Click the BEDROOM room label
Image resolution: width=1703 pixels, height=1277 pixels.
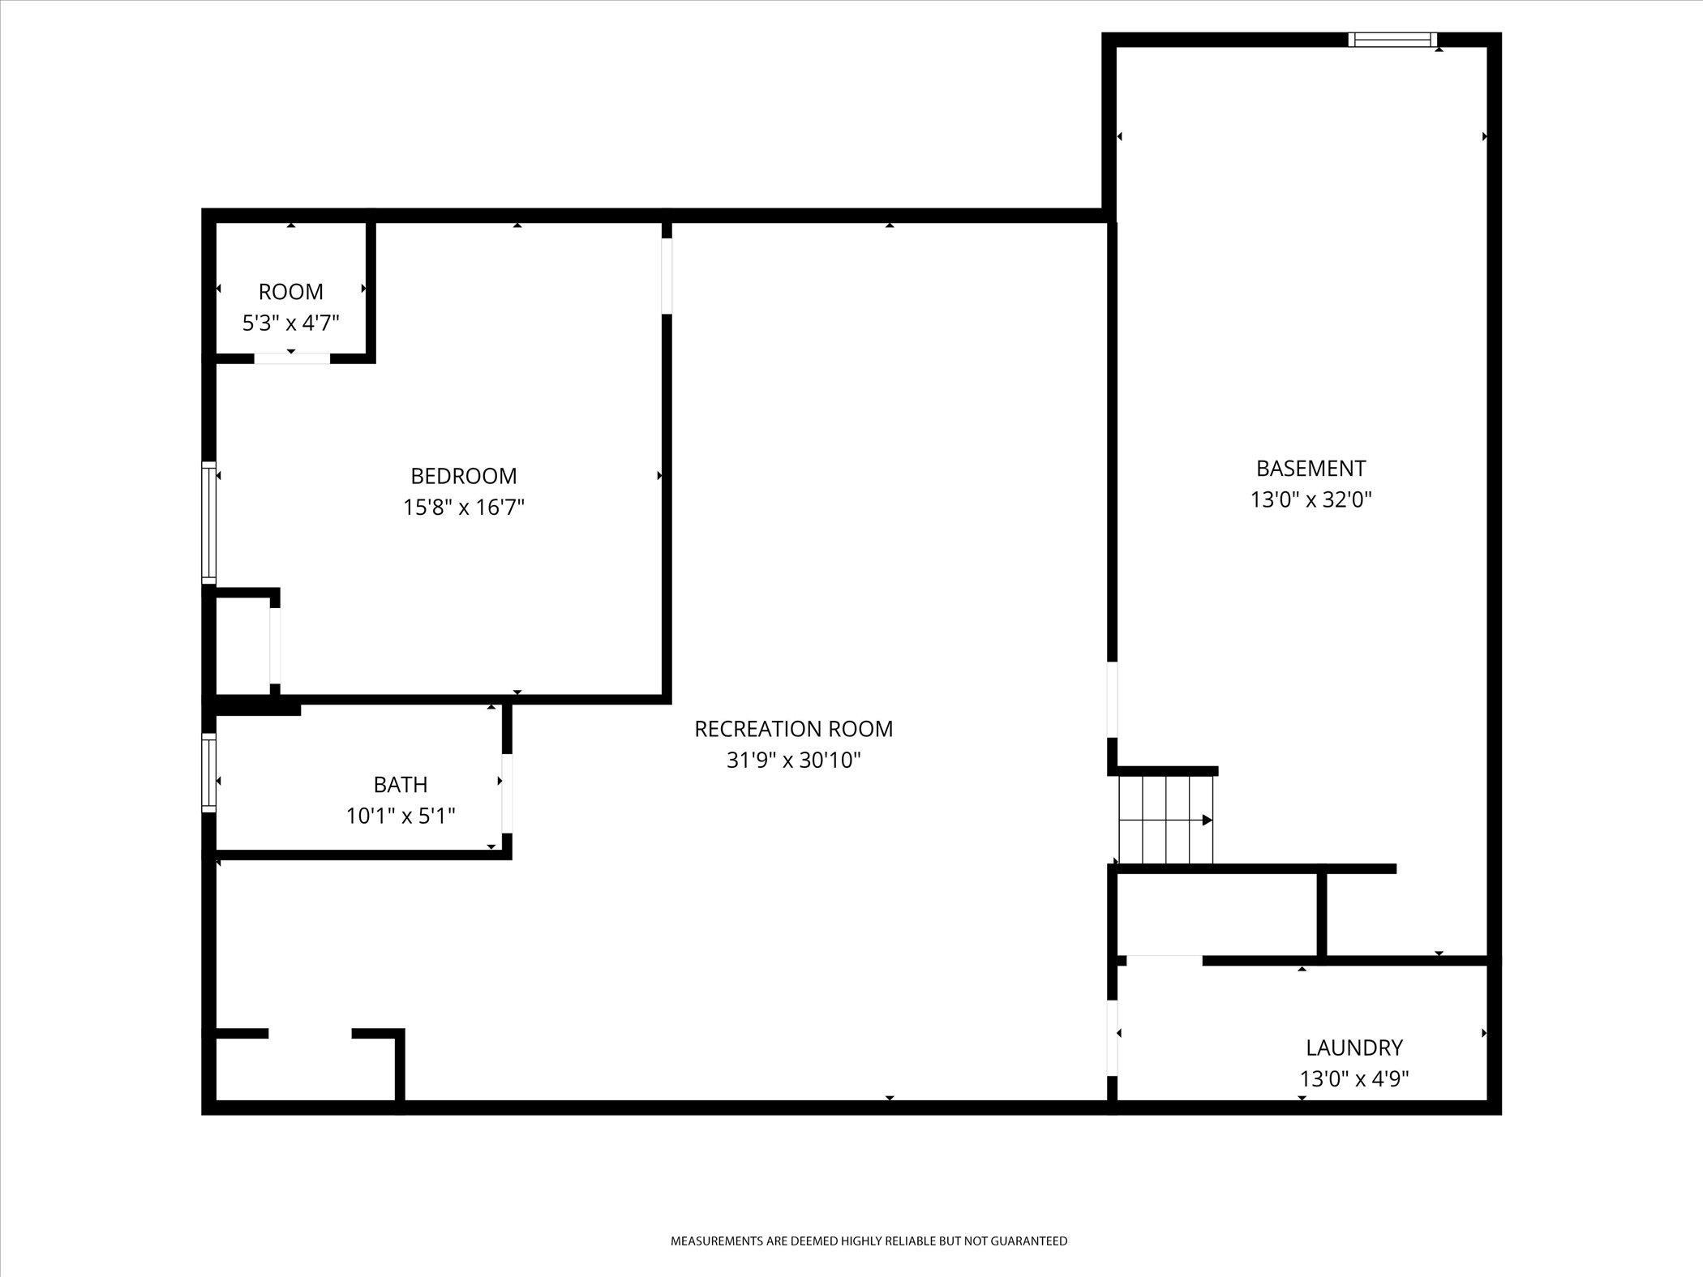[464, 475]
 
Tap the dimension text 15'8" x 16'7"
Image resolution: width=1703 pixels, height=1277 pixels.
[464, 508]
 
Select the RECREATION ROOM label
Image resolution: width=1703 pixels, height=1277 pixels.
[794, 729]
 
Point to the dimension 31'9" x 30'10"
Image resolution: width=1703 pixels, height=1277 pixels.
[794, 761]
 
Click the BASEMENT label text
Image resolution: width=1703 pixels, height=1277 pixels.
[1311, 469]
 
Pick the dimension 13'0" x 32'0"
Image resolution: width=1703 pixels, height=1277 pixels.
[1311, 499]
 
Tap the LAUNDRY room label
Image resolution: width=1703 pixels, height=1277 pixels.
[1354, 1048]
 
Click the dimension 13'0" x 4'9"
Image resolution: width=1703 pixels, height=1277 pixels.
[1354, 1079]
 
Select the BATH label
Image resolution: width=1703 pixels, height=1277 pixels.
[401, 785]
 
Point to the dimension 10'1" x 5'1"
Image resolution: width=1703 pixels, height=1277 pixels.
[401, 816]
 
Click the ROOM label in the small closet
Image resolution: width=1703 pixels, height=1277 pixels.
[291, 292]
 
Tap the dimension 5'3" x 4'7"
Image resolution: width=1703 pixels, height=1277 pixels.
[291, 323]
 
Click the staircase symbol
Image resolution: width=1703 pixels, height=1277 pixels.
[1166, 820]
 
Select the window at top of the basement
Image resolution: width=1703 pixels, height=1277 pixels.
[1393, 40]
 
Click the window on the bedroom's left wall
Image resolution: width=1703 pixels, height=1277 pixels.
[209, 522]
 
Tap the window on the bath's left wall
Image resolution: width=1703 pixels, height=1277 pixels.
[209, 773]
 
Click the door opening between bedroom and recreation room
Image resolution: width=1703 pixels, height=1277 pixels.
[667, 276]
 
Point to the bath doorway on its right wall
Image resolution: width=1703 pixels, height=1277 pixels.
[507, 793]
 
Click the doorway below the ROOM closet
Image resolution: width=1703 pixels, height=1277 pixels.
[293, 358]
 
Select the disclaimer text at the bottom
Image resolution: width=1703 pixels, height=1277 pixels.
[869, 1241]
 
